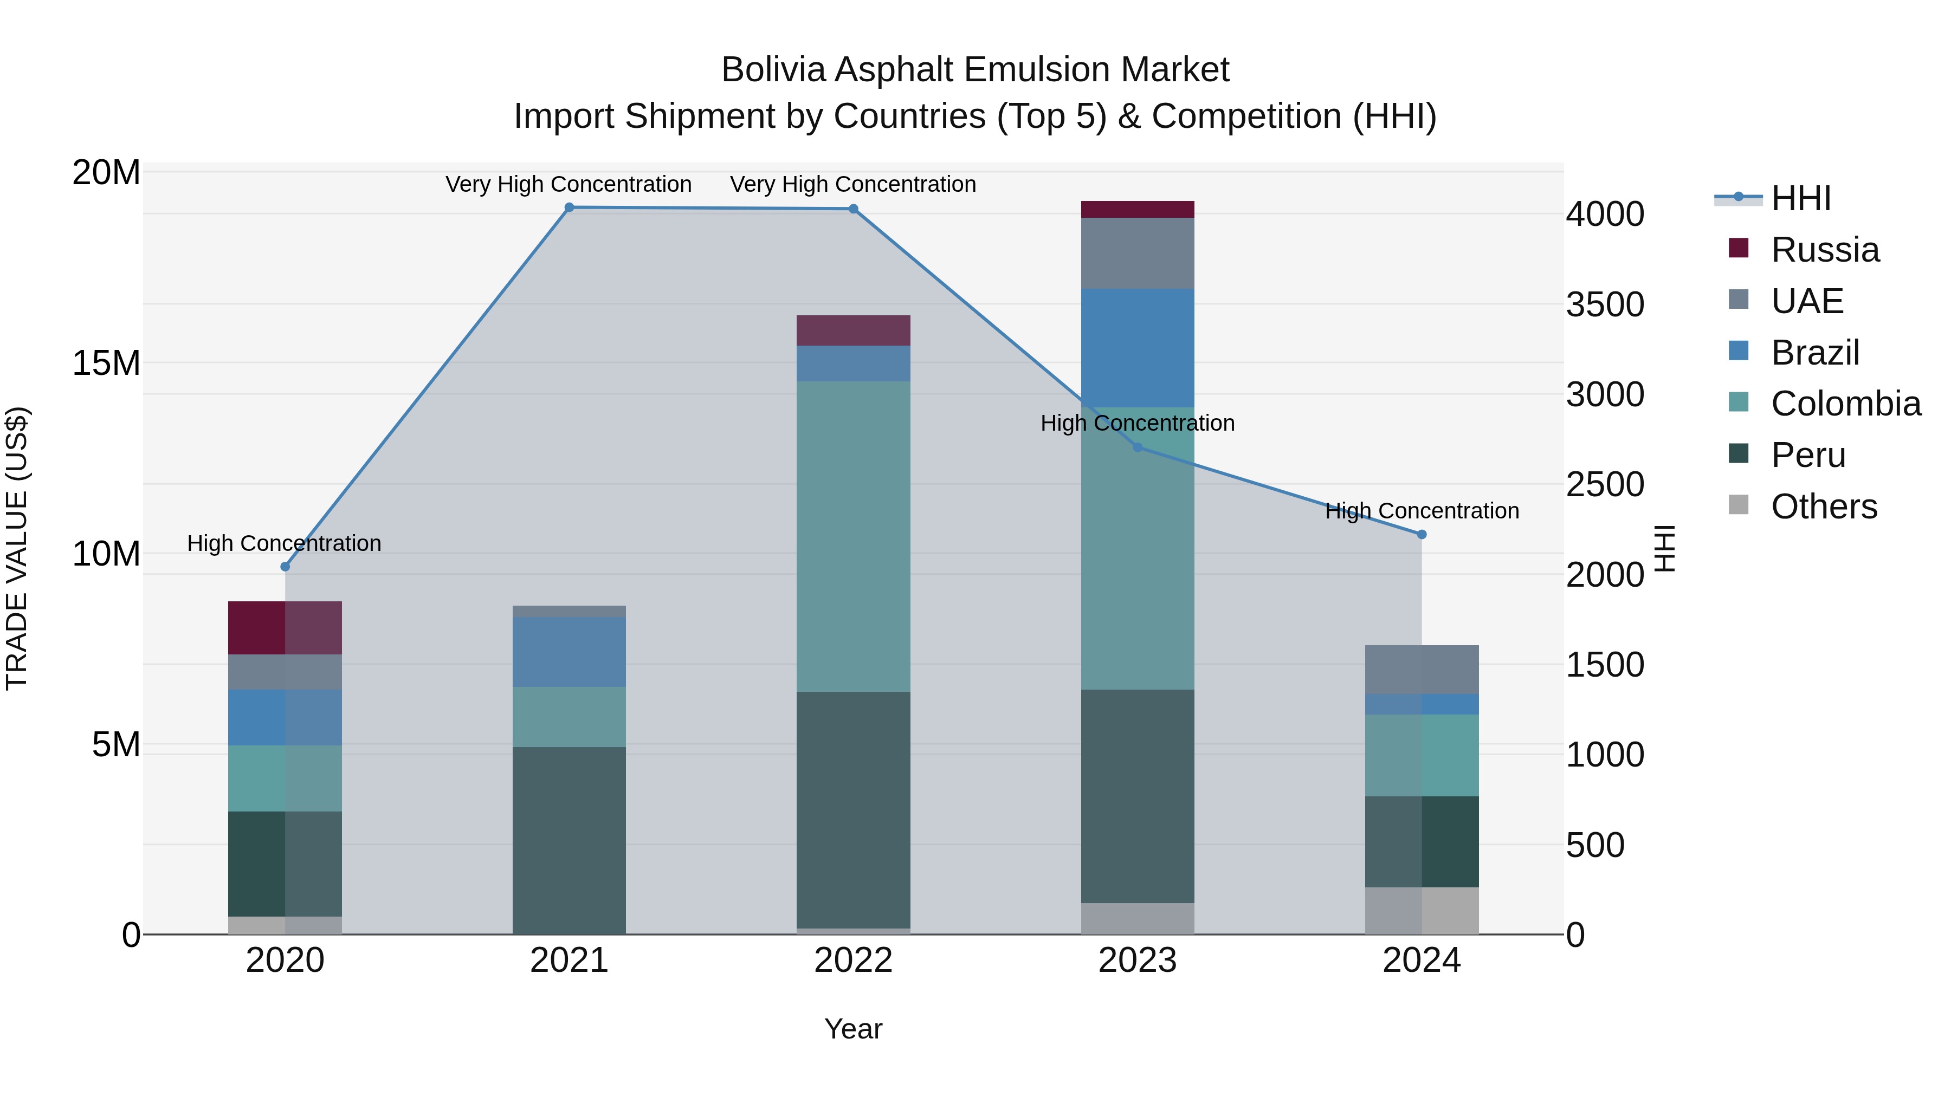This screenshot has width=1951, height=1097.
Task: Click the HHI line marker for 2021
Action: [x=569, y=207]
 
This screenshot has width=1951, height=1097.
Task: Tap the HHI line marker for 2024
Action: [x=1422, y=535]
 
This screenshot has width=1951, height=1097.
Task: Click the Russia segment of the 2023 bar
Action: [x=1137, y=210]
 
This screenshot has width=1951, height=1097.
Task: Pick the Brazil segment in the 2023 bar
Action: [x=1137, y=348]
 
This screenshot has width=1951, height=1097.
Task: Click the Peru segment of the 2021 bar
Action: [x=569, y=840]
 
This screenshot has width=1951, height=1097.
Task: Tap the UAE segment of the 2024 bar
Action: [x=1422, y=670]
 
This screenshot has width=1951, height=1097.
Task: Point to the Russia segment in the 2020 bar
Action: [x=285, y=628]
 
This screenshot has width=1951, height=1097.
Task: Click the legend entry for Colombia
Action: [x=1845, y=404]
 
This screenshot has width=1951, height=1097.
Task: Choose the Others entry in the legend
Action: [x=1823, y=507]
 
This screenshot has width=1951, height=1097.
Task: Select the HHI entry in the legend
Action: [x=1800, y=198]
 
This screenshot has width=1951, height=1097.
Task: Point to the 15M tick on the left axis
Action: [x=106, y=363]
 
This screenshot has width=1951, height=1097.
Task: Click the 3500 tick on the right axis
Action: [x=1605, y=304]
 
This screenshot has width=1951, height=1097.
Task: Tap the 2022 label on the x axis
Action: [x=853, y=960]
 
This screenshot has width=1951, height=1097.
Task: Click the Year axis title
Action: [x=853, y=1029]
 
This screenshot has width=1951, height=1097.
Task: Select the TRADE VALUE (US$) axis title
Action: [x=17, y=548]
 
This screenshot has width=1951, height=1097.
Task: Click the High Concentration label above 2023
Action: [x=1137, y=423]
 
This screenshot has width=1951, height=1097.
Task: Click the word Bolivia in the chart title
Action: [x=772, y=70]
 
